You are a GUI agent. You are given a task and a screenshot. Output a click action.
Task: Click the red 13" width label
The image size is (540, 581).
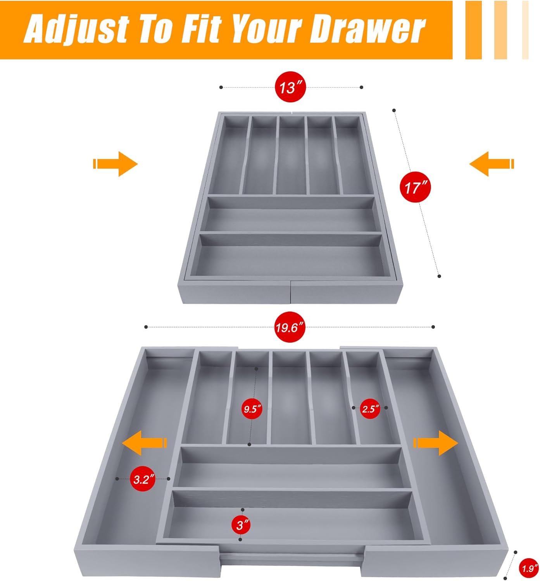290,87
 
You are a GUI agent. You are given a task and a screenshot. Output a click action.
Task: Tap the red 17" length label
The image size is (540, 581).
415,187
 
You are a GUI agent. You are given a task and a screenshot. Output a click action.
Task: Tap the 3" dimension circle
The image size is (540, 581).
243,525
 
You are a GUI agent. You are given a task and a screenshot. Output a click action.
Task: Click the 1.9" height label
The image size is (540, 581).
528,568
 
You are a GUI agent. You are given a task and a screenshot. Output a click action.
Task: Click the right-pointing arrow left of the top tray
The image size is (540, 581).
116,164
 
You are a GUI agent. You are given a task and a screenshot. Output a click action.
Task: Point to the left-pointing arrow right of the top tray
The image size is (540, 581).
491,164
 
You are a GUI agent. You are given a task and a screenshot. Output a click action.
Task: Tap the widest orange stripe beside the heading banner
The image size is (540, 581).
473,30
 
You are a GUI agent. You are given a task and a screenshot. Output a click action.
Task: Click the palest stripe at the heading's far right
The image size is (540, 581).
525,30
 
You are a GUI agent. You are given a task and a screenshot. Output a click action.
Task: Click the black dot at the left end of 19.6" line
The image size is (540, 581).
146,327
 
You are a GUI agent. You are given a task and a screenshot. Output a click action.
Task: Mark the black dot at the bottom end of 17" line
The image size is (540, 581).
439,276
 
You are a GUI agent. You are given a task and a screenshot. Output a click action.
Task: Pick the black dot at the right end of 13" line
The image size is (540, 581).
361,87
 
